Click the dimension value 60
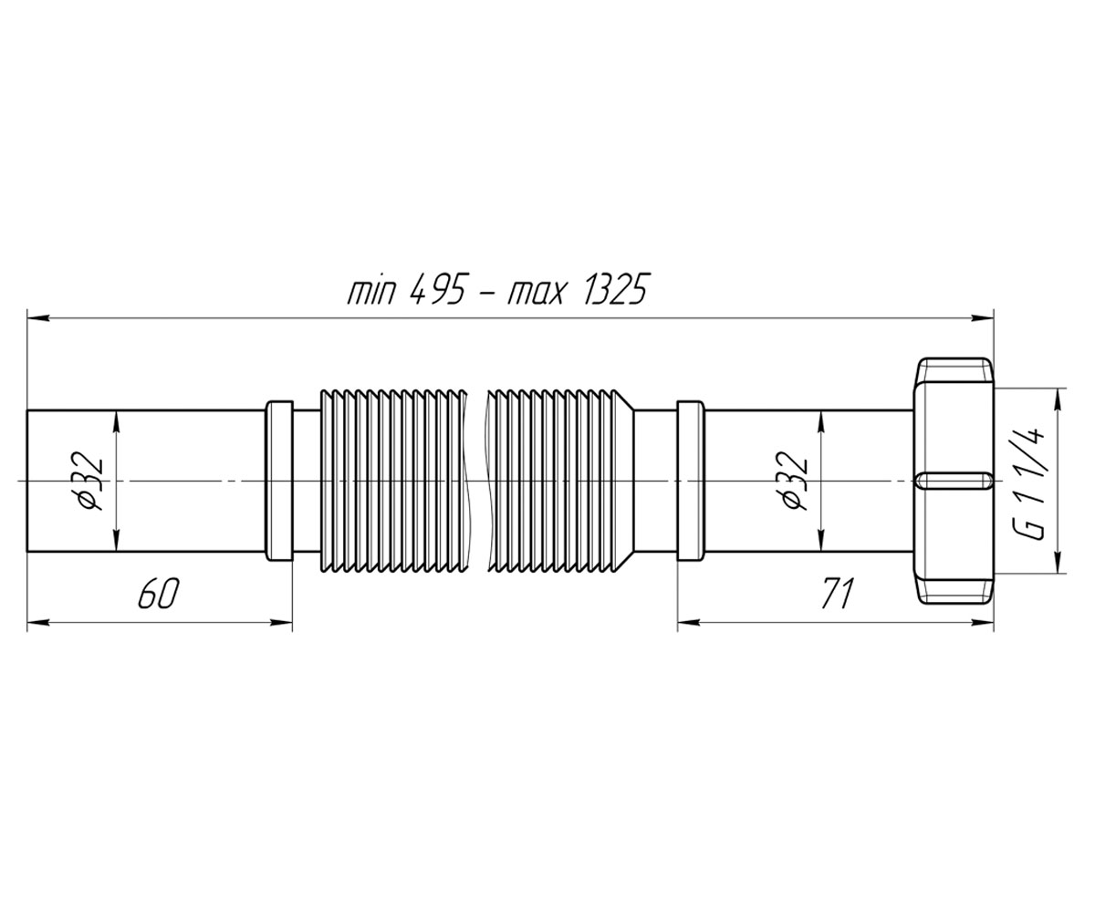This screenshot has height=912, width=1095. tap(159, 594)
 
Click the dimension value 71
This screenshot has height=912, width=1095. tap(838, 594)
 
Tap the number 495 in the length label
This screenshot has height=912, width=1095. tap(436, 289)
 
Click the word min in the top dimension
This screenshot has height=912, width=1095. tap(370, 292)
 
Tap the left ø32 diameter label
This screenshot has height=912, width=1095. tap(89, 480)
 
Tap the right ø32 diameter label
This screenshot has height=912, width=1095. tap(794, 480)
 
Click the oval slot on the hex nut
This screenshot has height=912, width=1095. tap(954, 481)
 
